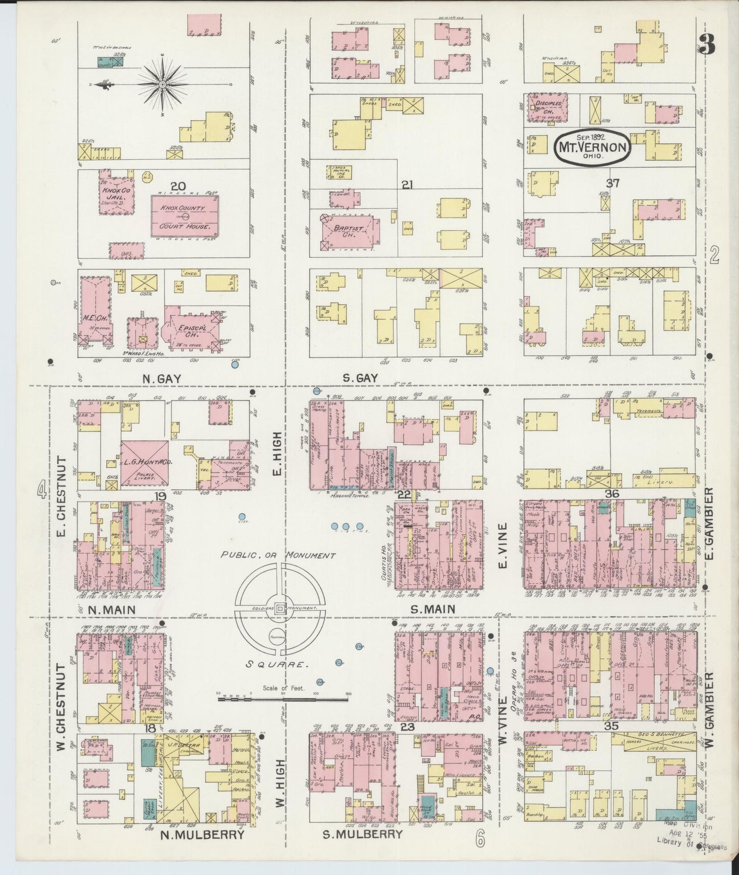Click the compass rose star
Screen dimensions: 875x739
(162, 84)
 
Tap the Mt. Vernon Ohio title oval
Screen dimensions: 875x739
(593, 148)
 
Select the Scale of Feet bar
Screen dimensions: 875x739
(284, 697)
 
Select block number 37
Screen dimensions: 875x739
(612, 183)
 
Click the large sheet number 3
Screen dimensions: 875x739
(707, 47)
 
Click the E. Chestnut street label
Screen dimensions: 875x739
(61, 490)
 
